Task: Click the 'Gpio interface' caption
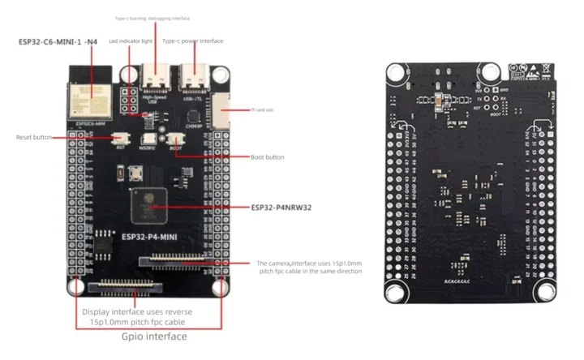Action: pos(154,336)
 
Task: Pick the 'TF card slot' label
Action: pos(244,108)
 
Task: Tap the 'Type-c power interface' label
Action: pos(192,41)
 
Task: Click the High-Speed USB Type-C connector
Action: pos(153,75)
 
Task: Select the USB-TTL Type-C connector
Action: pos(193,75)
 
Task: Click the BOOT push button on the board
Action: pos(175,139)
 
